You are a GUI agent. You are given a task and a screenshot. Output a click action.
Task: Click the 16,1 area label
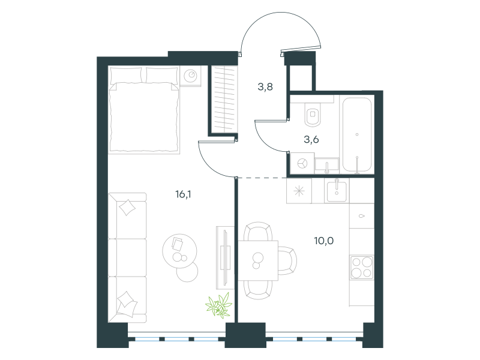183,194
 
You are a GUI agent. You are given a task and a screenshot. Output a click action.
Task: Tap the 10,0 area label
324,241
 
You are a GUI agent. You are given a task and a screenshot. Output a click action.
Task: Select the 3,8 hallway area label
265,87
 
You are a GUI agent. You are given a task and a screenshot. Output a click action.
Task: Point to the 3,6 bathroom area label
311,140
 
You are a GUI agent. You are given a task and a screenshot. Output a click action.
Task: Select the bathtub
357,134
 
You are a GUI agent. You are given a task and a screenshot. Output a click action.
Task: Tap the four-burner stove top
362,267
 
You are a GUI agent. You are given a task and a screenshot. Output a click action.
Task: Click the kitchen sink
337,191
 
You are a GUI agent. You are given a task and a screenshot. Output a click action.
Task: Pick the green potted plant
218,305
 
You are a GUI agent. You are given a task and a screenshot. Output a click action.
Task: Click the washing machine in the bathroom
302,163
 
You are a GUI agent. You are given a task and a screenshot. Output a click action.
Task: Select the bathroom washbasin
327,164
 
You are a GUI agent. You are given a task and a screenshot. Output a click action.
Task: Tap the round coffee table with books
179,251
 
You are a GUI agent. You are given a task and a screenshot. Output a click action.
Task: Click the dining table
258,260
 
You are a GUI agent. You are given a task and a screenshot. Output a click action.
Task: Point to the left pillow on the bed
126,75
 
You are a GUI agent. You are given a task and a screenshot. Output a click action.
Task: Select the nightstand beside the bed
190,76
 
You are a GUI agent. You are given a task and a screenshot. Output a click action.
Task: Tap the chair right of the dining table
287,261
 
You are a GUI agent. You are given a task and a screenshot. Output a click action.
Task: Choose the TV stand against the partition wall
225,257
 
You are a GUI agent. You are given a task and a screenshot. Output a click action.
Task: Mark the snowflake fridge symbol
299,191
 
